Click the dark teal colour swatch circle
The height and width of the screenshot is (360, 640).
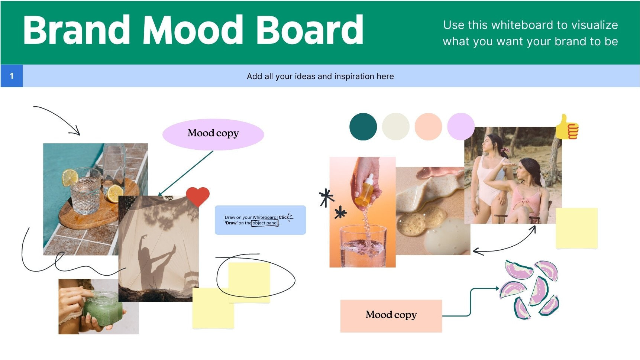363,127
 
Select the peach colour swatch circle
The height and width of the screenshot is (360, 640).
428,127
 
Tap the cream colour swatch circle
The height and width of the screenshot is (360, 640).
395,127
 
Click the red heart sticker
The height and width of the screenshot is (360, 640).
198,196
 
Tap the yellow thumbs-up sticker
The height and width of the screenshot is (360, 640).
567,127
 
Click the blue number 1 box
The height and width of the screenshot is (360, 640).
12,76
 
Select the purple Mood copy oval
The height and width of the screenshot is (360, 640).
213,134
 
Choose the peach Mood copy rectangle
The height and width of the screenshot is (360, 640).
391,315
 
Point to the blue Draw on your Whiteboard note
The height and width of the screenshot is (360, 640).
260,220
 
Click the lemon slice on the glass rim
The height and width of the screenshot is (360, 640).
70,178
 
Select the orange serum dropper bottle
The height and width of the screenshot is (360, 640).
365,191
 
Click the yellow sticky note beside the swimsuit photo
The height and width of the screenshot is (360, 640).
576,228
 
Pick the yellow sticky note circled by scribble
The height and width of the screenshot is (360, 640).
249,282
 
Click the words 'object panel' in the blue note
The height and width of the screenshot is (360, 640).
265,223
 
